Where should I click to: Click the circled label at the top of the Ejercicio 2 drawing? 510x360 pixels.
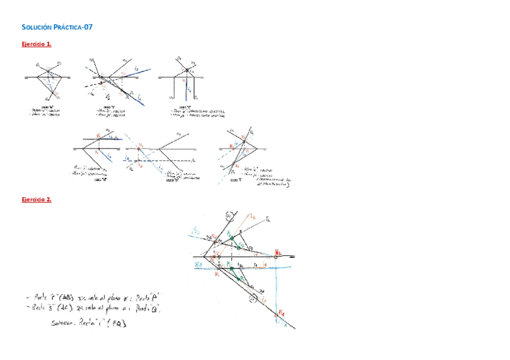tap(229, 216)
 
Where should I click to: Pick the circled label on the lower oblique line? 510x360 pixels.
tap(254, 297)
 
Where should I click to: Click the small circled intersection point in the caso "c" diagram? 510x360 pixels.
tap(188, 71)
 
